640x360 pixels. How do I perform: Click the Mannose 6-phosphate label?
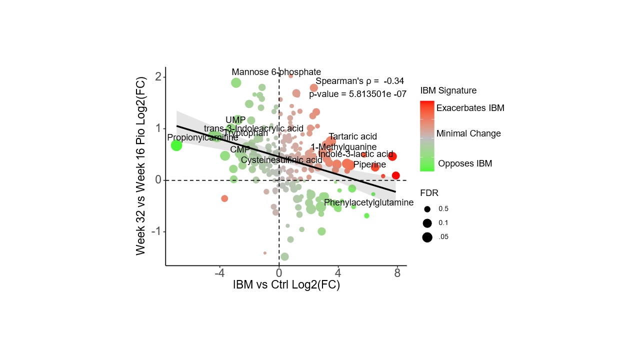coord(276,72)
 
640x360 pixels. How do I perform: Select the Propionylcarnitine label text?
coord(202,137)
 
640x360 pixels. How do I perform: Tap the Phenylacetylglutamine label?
coord(368,202)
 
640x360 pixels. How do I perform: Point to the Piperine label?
coord(369,164)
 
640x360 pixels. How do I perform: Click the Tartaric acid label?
coord(353,136)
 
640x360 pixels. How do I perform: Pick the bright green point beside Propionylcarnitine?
coord(176,145)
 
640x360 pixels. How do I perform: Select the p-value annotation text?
coord(357,93)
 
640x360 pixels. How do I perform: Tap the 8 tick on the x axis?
coord(397,273)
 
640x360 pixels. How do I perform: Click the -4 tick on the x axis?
coord(219,273)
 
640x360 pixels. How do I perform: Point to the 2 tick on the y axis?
coord(157,76)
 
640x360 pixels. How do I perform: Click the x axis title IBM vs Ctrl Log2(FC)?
coord(286,285)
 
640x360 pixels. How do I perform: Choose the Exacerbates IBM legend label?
coord(470,108)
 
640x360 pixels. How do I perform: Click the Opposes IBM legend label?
coord(465,163)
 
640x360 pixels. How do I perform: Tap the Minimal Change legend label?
coord(468,133)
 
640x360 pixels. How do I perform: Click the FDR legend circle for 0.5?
coord(427,209)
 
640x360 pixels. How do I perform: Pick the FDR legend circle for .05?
coord(427,237)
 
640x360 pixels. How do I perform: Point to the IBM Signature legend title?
coord(448,90)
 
